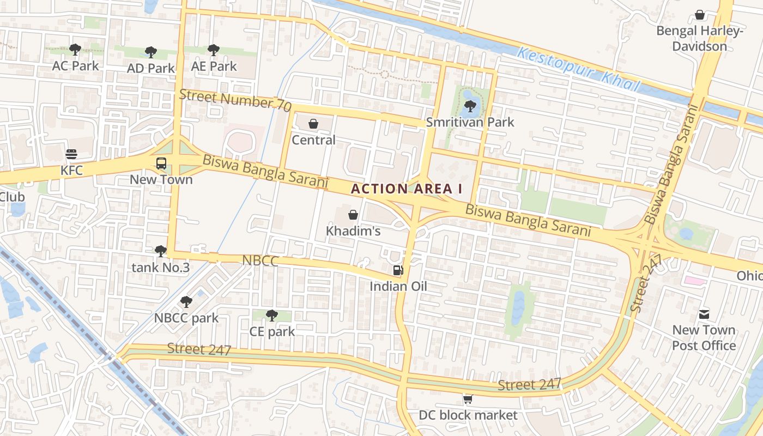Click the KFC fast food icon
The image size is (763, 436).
(71, 154)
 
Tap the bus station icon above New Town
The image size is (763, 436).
(161, 163)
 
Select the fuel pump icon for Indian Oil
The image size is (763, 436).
(398, 270)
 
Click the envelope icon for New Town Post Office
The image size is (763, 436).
(704, 314)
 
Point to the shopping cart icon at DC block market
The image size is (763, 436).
(468, 399)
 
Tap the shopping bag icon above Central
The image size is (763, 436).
(313, 124)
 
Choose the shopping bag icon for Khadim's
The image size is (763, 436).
(353, 215)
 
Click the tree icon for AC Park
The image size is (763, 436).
(75, 50)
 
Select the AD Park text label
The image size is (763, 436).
(151, 68)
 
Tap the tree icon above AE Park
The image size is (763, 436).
(214, 50)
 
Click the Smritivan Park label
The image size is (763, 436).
(470, 122)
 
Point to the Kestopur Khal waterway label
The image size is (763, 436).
(578, 69)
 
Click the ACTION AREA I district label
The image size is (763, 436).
(407, 189)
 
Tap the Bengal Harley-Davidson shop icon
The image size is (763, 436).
(700, 15)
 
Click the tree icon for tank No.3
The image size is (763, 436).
(161, 251)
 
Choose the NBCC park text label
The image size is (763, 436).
(186, 318)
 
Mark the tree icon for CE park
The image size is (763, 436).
(271, 315)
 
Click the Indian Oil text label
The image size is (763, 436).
(398, 286)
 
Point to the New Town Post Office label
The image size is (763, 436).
(704, 338)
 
